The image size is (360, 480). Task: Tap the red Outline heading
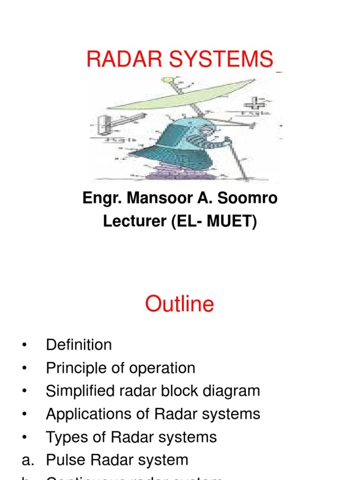pyautogui.click(x=180, y=304)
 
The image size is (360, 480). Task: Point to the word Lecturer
pyautogui.click(x=134, y=222)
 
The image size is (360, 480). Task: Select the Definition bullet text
pyautogui.click(x=79, y=345)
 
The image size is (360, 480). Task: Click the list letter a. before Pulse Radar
pyautogui.click(x=27, y=460)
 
